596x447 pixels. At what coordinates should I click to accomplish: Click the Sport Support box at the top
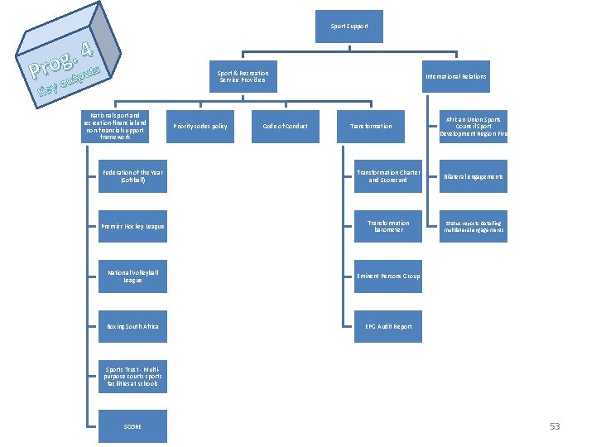(x=349, y=26)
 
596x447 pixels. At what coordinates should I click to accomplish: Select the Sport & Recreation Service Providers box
(x=242, y=76)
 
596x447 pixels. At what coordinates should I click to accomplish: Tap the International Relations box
(x=455, y=76)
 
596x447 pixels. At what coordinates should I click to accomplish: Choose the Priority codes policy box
(x=200, y=126)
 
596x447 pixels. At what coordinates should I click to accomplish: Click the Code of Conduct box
(x=285, y=126)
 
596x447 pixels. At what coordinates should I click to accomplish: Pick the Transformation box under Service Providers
(x=371, y=126)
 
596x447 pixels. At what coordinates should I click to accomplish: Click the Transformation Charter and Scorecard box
(x=388, y=176)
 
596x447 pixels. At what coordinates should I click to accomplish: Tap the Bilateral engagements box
(x=473, y=176)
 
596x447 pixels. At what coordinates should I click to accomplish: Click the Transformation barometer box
(x=388, y=226)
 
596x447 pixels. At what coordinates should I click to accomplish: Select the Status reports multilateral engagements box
(x=473, y=226)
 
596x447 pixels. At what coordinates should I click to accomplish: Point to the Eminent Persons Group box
(x=388, y=276)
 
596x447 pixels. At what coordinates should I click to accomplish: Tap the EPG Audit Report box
(x=388, y=326)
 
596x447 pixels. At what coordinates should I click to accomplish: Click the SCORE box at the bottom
(x=132, y=426)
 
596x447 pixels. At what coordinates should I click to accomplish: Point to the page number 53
(x=555, y=426)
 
